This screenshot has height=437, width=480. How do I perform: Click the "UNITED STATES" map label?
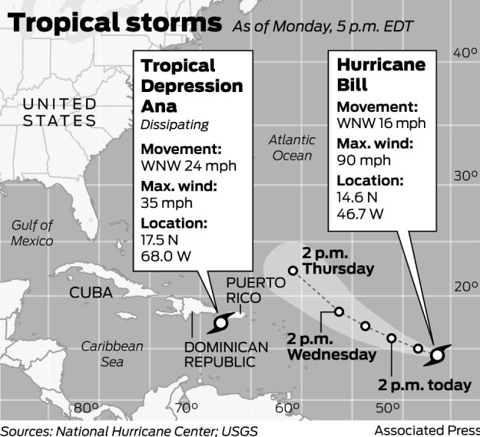[60, 112]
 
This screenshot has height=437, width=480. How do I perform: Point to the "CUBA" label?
[91, 293]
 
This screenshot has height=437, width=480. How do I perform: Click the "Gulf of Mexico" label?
[32, 233]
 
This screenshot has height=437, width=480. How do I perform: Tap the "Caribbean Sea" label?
[112, 354]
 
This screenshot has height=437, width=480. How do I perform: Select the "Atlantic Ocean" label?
[291, 148]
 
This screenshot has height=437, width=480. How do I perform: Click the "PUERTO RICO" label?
[256, 289]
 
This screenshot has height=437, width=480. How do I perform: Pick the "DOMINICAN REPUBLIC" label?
[226, 355]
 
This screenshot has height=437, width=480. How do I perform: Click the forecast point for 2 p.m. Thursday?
[293, 270]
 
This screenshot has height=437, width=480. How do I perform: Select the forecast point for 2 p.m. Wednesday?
[339, 311]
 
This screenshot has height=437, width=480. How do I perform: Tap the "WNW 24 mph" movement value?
[188, 166]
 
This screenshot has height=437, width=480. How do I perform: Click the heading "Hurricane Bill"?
[381, 74]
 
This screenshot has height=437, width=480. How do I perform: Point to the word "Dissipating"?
[174, 125]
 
